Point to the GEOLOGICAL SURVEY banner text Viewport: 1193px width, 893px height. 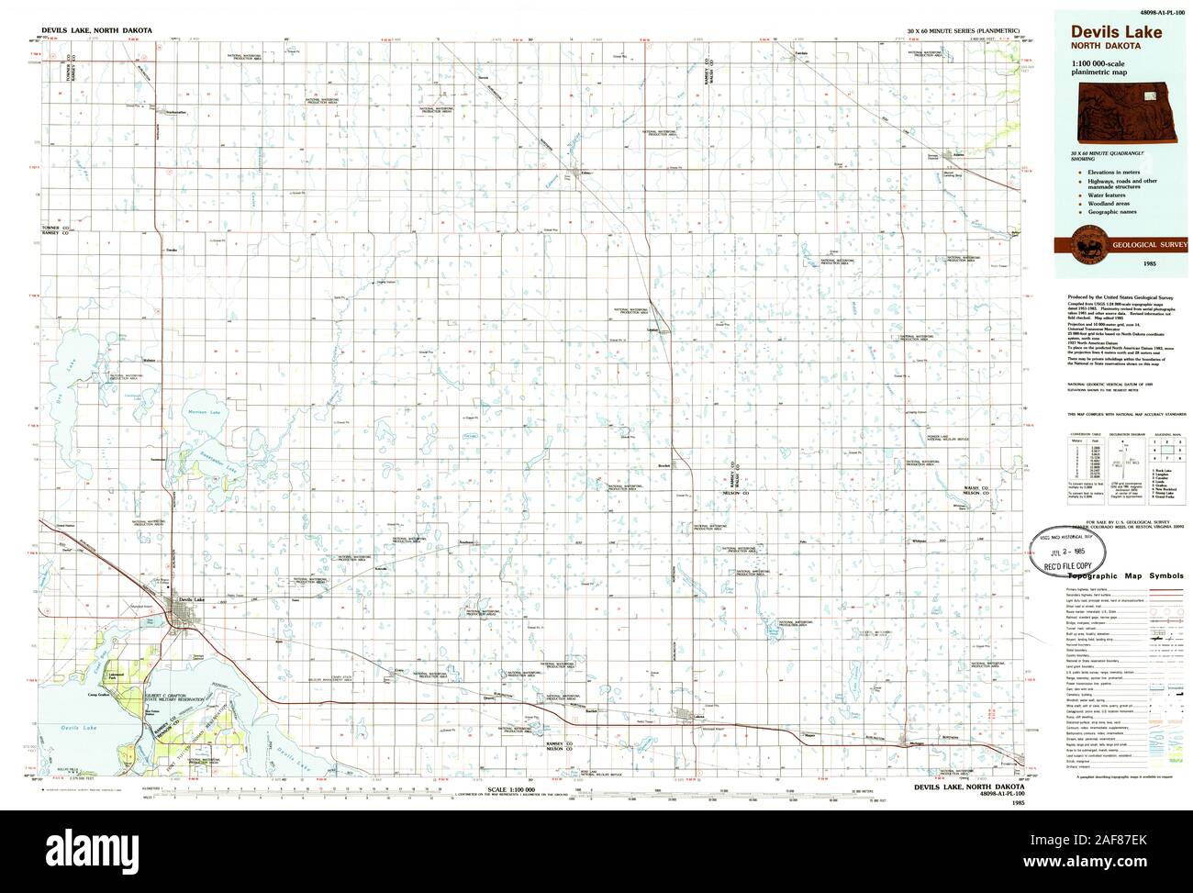(x=1142, y=246)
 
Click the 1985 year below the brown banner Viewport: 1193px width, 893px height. (x=1121, y=265)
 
